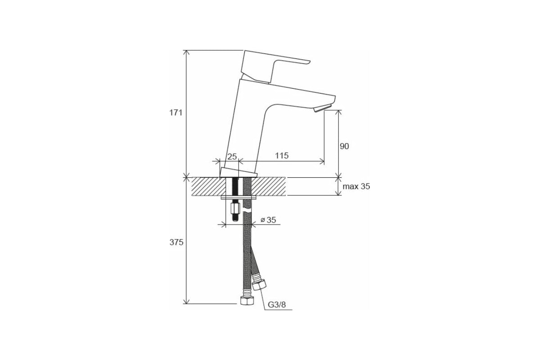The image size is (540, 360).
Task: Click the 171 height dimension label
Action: pyautogui.click(x=176, y=112)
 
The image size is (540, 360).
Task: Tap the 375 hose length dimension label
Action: pyautogui.click(x=176, y=243)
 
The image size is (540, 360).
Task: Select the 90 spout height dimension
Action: pyautogui.click(x=344, y=146)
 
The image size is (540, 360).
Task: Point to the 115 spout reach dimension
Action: pyautogui.click(x=282, y=156)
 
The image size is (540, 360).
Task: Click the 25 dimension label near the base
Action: pyautogui.click(x=232, y=157)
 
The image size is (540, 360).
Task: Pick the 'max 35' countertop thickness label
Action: pyautogui.click(x=356, y=186)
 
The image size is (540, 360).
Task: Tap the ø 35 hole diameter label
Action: pyautogui.click(x=268, y=220)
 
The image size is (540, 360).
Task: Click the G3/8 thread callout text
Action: pyautogui.click(x=277, y=305)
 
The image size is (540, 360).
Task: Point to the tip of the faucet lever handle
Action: pyautogui.click(x=309, y=62)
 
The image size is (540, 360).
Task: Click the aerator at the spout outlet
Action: pyautogui.click(x=323, y=108)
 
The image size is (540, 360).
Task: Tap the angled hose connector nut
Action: pyautogui.click(x=259, y=285)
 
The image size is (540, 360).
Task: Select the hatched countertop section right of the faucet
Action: pyautogui.click(x=269, y=186)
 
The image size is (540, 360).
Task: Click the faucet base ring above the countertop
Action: pyautogui.click(x=238, y=172)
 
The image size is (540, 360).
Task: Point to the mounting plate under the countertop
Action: pyautogui.click(x=238, y=198)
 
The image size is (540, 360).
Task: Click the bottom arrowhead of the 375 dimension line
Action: pyautogui.click(x=186, y=301)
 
